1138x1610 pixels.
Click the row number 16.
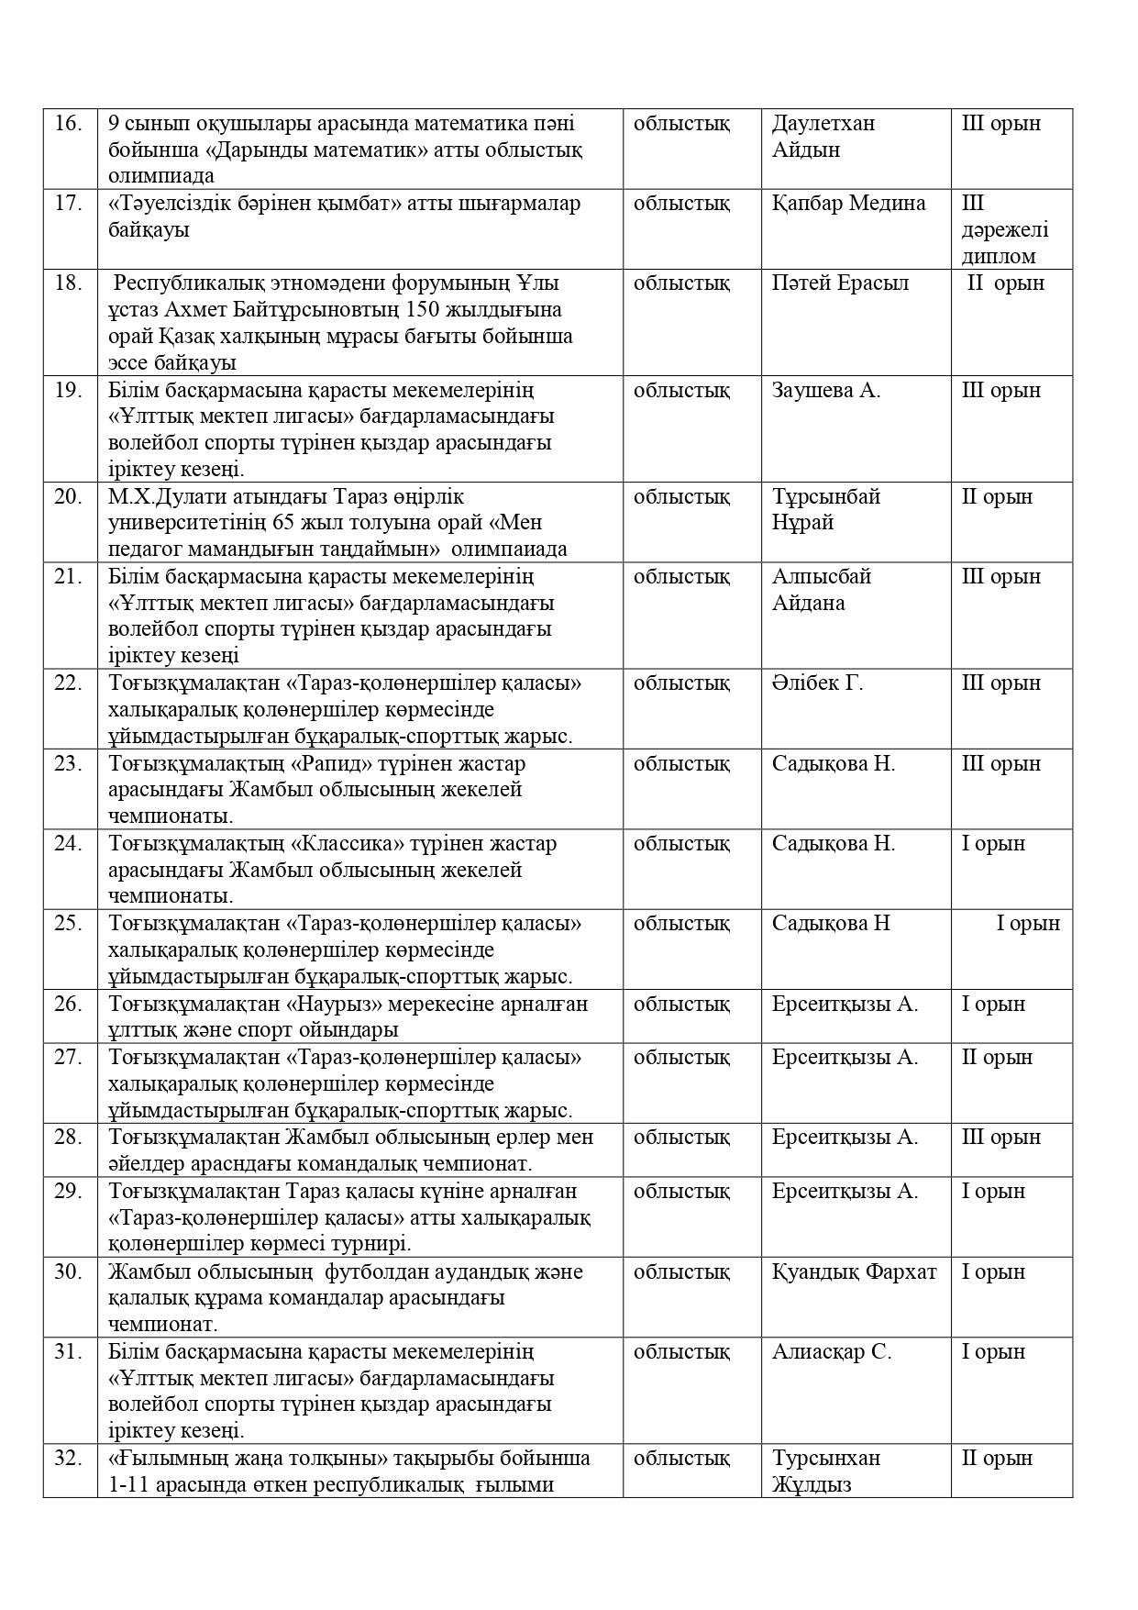tap(68, 123)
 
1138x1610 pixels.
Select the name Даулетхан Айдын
tap(823, 136)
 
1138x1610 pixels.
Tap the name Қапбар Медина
tap(848, 203)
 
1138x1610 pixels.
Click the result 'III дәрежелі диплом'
tap(1004, 229)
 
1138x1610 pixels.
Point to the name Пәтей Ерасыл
tap(840, 283)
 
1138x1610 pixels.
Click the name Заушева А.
tap(825, 390)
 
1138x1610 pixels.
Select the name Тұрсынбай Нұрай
tap(825, 509)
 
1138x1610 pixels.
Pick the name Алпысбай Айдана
tap(821, 589)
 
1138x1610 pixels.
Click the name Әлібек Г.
tap(817, 683)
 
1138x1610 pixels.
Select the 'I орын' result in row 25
tap(1028, 923)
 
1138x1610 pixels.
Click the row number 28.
tap(68, 1138)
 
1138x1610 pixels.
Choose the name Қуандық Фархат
tap(854, 1271)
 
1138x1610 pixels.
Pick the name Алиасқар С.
tap(831, 1351)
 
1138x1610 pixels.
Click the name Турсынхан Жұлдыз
tap(825, 1471)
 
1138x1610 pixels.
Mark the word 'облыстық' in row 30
tap(681, 1271)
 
